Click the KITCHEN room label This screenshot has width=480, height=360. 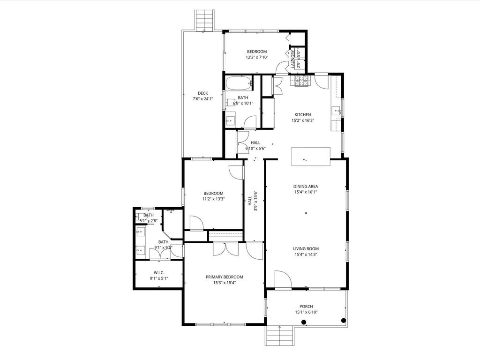tap(303, 115)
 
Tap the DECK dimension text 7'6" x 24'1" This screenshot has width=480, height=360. tap(202, 99)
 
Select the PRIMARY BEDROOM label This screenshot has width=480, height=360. tap(225, 277)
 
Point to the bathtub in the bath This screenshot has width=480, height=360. tap(239, 83)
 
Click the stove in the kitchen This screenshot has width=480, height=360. tap(302, 81)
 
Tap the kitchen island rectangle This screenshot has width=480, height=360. tap(311, 157)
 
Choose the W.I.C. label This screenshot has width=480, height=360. tap(159, 273)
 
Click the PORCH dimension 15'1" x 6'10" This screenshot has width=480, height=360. tap(306, 312)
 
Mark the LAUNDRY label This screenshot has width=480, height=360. tap(293, 59)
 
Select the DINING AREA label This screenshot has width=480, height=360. tap(306, 187)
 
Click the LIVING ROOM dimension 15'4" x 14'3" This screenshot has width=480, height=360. tap(306, 255)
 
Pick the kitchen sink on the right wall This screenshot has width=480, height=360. tap(337, 111)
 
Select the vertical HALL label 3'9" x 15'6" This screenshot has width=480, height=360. tap(252, 201)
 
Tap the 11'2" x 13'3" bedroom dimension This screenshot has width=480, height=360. tap(213, 199)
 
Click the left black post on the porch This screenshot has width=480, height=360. tap(304, 322)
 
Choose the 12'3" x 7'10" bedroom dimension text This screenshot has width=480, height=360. tap(257, 57)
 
